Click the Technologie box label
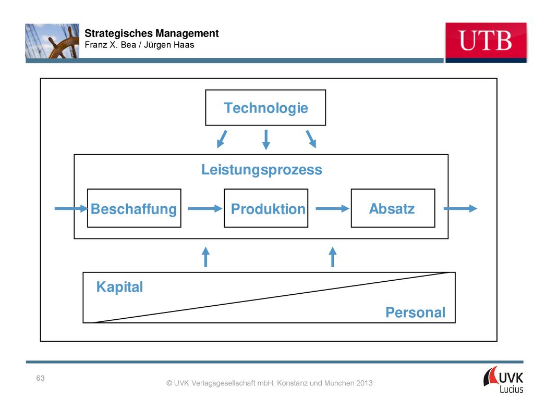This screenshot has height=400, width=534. click(266, 108)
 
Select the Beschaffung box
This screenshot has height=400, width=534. click(134, 208)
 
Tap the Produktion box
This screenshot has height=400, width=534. click(266, 208)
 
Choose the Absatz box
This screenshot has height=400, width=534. click(393, 208)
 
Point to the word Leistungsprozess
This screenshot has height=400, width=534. click(262, 170)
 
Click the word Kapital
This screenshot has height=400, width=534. click(119, 287)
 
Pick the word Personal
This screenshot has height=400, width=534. click(416, 312)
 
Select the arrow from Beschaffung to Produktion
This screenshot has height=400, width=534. click(205, 208)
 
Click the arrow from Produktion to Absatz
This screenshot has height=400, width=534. click(332, 208)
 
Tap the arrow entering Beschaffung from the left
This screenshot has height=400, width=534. click(71, 208)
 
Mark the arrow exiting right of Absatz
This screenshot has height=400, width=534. click(460, 208)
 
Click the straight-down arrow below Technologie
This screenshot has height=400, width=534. click(266, 140)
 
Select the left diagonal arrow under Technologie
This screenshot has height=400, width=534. click(222, 139)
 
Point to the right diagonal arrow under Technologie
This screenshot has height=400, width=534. click(311, 139)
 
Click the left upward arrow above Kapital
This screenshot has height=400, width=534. click(205, 257)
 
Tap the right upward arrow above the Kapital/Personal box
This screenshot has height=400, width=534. click(333, 257)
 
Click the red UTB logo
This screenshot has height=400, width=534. click(486, 43)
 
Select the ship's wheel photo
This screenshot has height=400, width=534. click(52, 41)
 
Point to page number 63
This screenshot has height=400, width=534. click(41, 378)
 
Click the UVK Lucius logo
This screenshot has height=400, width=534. click(504, 380)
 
